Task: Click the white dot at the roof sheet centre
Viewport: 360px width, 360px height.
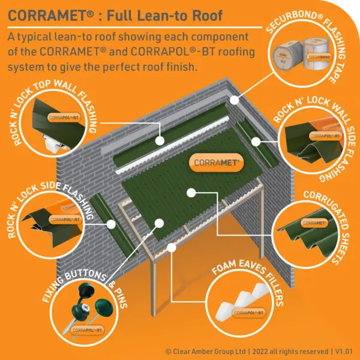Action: pyautogui.click(x=191, y=192)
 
